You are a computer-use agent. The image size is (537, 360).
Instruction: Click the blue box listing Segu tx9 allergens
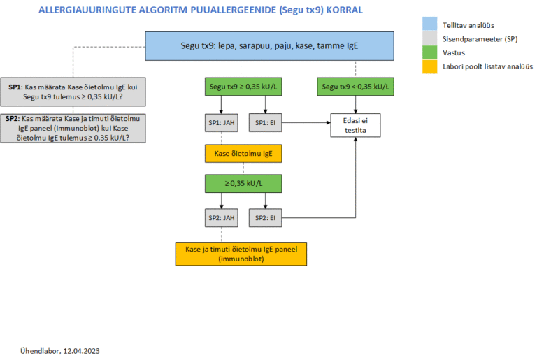(269, 46)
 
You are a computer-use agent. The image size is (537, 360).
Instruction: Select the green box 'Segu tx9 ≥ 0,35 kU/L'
(243, 87)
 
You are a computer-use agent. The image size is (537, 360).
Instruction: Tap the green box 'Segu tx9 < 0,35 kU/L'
(355, 87)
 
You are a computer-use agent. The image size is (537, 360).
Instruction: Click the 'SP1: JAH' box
(221, 122)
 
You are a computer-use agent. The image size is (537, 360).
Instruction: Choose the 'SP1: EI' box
(265, 122)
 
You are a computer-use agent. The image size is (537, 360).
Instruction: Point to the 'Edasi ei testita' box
(355, 125)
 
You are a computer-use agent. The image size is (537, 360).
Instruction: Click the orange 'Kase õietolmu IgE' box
(243, 154)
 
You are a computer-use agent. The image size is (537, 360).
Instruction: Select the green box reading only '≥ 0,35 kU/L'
(243, 184)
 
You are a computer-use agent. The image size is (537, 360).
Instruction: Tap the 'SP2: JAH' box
(221, 218)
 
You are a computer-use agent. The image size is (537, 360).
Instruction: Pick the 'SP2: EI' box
(265, 218)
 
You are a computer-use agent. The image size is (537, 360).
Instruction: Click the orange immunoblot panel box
(241, 254)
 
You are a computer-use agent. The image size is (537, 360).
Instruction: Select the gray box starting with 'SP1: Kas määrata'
(73, 92)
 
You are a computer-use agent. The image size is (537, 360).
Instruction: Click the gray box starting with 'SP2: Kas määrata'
(73, 129)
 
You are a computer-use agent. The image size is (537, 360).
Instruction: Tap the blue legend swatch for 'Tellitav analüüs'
(429, 24)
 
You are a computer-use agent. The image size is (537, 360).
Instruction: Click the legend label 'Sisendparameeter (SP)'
(480, 39)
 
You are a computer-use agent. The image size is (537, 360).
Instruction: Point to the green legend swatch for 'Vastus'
(429, 52)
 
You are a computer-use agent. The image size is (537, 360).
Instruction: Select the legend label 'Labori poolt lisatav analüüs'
(487, 66)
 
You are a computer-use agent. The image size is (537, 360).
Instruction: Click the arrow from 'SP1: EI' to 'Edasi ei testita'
(306, 122)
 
